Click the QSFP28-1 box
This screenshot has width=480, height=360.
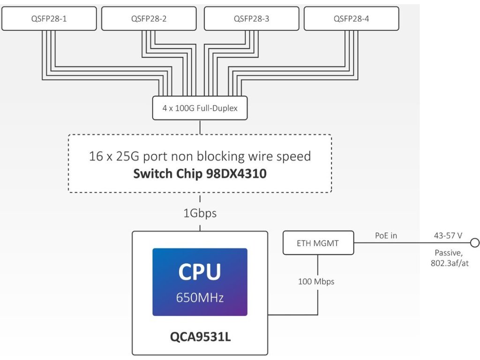tap(49, 19)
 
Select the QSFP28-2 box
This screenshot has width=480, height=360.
tap(149, 19)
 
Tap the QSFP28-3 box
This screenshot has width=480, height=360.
tap(251, 19)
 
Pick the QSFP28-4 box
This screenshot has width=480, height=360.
tap(351, 19)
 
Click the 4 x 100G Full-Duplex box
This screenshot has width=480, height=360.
tap(200, 108)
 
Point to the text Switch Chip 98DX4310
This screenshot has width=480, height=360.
tap(200, 174)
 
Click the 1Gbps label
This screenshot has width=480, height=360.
tap(200, 213)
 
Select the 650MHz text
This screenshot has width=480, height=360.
tap(200, 297)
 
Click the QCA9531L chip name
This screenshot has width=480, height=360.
tap(200, 337)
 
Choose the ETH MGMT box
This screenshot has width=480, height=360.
tap(318, 243)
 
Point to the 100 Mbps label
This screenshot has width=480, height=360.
tap(316, 282)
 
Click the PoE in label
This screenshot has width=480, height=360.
tap(385, 236)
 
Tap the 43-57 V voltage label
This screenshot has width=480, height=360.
tap(449, 236)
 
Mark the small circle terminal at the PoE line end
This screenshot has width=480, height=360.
tap(474, 243)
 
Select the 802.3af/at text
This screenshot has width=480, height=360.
tap(450, 263)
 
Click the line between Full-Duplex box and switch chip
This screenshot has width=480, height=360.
tap(200, 127)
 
